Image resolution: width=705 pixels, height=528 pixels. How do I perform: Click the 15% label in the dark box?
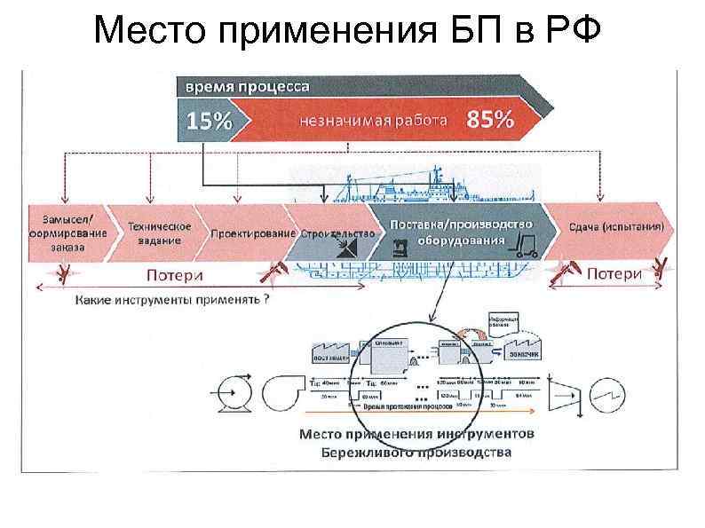point(208,122)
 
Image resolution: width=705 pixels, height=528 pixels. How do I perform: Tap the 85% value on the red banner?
point(491,121)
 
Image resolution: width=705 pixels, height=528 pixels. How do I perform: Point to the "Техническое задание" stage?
point(160,232)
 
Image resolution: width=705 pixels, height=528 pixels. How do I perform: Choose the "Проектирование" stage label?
point(252,233)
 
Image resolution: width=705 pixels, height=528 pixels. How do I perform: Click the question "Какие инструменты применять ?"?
point(172,299)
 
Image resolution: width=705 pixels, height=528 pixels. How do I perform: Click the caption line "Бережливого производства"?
point(416,452)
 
